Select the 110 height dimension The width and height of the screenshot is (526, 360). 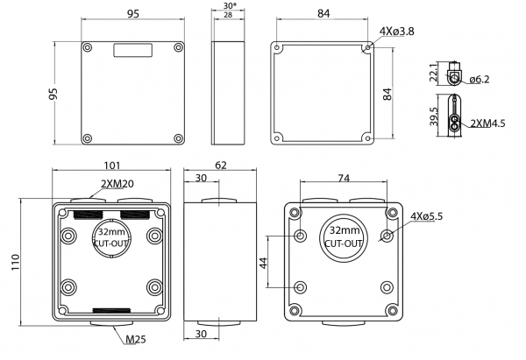(12, 263)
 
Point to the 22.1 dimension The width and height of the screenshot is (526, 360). (433, 72)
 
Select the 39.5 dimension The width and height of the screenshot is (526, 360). (433, 117)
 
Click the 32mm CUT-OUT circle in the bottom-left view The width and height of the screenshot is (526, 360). (110, 236)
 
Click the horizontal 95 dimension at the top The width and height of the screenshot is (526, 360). (133, 14)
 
